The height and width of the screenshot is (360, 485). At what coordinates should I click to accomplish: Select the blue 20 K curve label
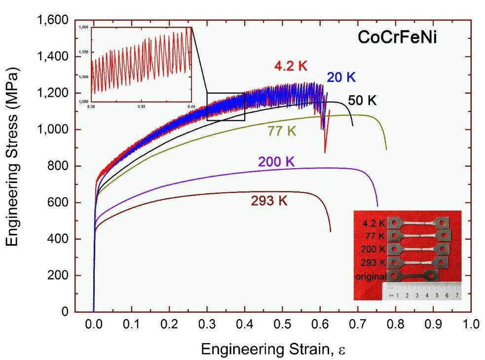[340, 77]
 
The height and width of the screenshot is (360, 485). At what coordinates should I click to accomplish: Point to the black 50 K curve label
[362, 101]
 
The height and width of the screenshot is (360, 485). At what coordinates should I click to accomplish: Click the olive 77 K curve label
[282, 131]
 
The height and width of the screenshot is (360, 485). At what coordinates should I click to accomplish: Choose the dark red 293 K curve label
[268, 201]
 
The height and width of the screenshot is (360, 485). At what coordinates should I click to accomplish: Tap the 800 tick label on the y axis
[58, 167]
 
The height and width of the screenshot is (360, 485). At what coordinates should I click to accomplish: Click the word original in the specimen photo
[371, 277]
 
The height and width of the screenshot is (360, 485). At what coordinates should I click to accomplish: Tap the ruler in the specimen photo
[422, 291]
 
